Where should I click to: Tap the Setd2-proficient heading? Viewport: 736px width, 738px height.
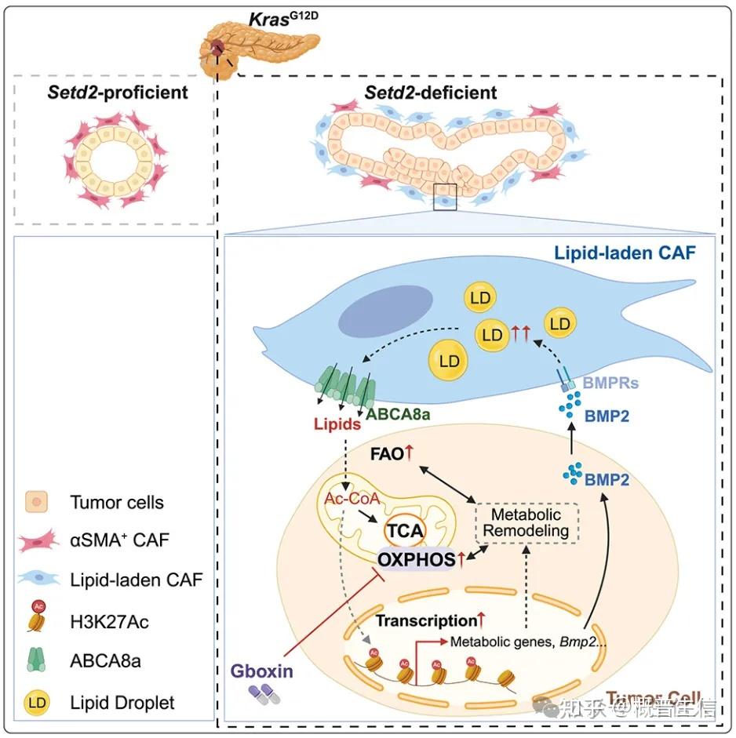click(x=115, y=93)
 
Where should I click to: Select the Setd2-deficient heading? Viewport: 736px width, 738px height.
click(x=431, y=93)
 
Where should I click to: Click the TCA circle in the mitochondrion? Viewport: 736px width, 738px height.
click(x=404, y=531)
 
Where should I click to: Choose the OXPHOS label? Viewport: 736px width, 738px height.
click(x=415, y=560)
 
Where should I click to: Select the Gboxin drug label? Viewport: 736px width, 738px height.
click(x=261, y=671)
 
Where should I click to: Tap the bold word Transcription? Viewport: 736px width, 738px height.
click(x=425, y=620)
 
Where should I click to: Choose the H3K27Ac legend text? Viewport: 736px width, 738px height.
click(x=110, y=623)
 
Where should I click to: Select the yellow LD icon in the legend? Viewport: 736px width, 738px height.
click(x=37, y=703)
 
